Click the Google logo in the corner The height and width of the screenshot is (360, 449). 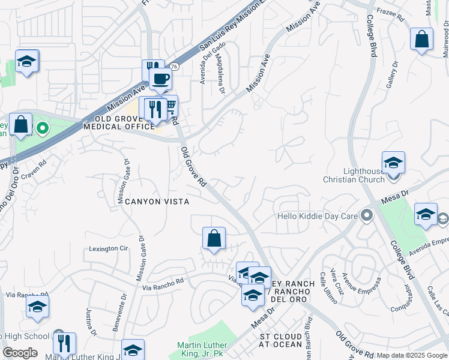pos(20,353)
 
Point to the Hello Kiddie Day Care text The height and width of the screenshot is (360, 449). pos(317,216)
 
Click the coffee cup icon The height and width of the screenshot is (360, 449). pos(161,78)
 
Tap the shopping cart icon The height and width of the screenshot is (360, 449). pos(170,106)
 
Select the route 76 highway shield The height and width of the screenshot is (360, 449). pos(173,67)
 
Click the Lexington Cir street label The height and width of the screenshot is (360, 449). pos(109,248)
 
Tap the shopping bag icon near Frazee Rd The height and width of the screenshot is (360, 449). pos(422,40)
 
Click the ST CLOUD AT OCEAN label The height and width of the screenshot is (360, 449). pos(281,340)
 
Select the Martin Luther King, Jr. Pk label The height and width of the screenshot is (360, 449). pos(202,349)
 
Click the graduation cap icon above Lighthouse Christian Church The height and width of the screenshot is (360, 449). pos(393,162)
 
